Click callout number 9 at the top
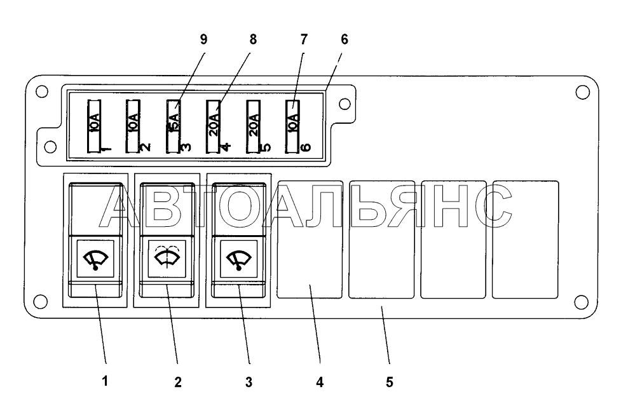click(203, 39)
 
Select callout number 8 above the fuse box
click(253, 39)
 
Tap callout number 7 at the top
click(304, 39)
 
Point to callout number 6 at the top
click(345, 39)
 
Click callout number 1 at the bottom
click(105, 381)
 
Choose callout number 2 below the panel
click(178, 382)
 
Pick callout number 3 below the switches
click(249, 382)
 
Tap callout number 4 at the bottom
click(320, 382)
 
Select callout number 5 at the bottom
click(389, 382)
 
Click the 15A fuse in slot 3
click(173, 126)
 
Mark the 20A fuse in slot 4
click(213, 126)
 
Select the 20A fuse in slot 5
click(253, 126)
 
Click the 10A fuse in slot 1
click(94, 126)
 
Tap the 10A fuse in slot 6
click(292, 126)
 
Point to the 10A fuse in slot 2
click(133, 126)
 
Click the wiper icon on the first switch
click(95, 259)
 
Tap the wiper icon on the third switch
click(239, 259)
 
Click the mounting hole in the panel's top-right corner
click(582, 92)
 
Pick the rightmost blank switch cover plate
click(526, 240)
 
